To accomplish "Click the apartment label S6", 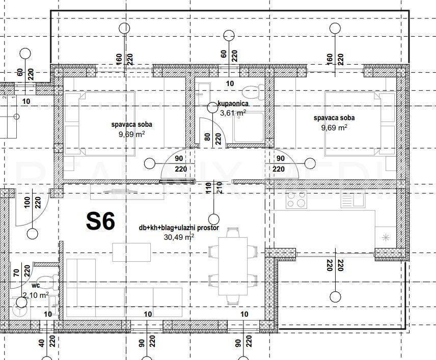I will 100,221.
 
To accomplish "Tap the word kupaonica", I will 233,103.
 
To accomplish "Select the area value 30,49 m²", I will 178,237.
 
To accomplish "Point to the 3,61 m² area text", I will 233,113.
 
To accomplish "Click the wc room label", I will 36,286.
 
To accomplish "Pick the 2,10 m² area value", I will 36,295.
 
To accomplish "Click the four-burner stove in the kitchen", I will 296,200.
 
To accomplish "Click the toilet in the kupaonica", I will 251,92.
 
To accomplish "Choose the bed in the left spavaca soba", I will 99,123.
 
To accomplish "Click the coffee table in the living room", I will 131,251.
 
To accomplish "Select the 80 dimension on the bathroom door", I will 207,137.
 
